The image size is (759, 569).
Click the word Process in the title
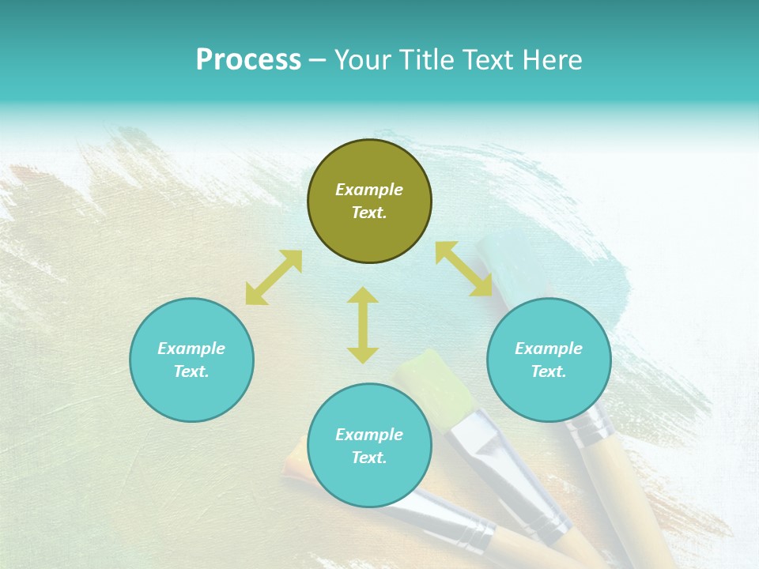[248, 60]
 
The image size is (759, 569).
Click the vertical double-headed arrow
[363, 325]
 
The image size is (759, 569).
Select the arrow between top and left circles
[274, 277]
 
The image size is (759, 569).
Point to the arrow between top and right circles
[464, 269]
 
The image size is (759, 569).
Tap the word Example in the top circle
[369, 190]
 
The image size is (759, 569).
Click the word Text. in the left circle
[191, 371]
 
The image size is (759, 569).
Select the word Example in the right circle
[549, 349]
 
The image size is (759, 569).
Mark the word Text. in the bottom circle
[369, 458]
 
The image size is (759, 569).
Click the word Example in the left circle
[191, 349]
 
